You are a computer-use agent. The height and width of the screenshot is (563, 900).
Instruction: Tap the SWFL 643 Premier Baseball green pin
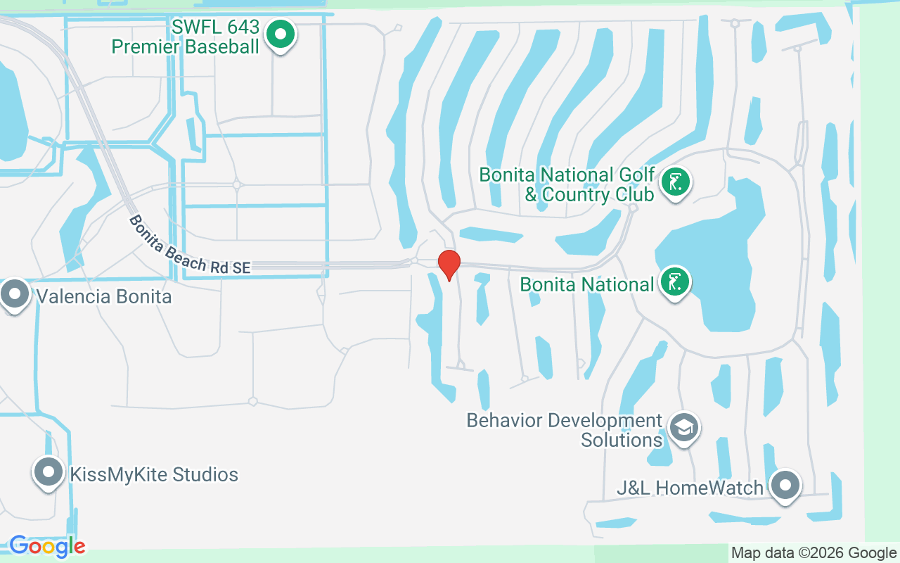pyautogui.click(x=281, y=34)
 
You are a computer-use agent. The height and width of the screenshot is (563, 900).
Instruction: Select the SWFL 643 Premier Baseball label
pyautogui.click(x=186, y=37)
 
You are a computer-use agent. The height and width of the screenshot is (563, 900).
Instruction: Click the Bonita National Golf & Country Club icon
pyautogui.click(x=676, y=182)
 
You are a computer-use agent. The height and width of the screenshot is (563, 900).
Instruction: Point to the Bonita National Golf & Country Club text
pyautogui.click(x=567, y=184)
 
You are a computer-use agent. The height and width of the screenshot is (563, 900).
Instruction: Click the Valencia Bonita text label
pyautogui.click(x=104, y=296)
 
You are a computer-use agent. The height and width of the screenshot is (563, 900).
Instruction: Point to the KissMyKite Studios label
pyautogui.click(x=154, y=474)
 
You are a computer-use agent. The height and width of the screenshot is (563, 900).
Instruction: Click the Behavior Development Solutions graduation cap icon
pyautogui.click(x=683, y=427)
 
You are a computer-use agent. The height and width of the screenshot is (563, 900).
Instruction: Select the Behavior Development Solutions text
pyautogui.click(x=565, y=430)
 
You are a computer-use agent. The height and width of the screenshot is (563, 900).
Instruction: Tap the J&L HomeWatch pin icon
pyautogui.click(x=785, y=486)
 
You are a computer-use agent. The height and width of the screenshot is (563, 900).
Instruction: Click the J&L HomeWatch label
pyautogui.click(x=690, y=488)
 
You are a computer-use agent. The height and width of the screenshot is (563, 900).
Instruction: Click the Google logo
pyautogui.click(x=47, y=546)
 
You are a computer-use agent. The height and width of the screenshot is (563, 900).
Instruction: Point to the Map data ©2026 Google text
pyautogui.click(x=814, y=553)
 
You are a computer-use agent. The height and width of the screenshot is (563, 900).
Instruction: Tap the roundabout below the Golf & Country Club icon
pyautogui.click(x=633, y=208)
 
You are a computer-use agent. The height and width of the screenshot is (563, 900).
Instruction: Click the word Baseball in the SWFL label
pyautogui.click(x=217, y=47)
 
